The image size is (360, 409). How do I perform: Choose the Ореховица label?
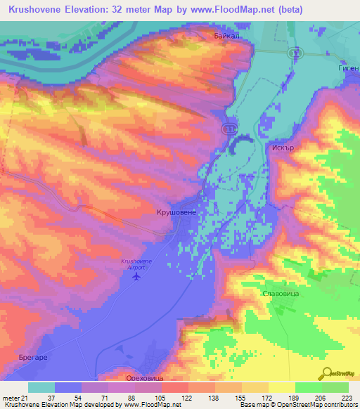(135, 377)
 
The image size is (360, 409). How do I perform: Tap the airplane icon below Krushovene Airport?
(136, 275)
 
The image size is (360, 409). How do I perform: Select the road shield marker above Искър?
(229, 127)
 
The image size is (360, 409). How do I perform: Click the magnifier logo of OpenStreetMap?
(326, 372)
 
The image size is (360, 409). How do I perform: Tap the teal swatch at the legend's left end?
(41, 387)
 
